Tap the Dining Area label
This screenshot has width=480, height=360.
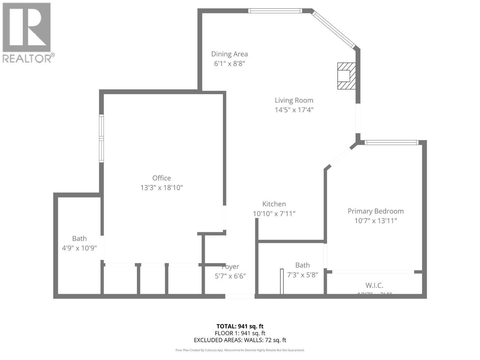(x=229, y=54)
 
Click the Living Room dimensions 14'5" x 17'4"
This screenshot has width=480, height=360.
(x=294, y=110)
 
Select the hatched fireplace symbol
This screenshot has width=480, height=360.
(x=346, y=76)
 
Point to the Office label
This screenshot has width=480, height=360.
(x=161, y=178)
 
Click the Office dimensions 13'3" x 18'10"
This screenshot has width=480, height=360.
(x=161, y=188)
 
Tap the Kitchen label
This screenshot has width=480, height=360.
(x=274, y=204)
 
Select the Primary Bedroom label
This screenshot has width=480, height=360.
(x=376, y=211)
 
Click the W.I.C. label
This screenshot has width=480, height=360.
(x=374, y=285)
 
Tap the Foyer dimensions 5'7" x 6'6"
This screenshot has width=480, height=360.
(x=230, y=276)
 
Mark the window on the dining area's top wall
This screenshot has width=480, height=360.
(x=275, y=11)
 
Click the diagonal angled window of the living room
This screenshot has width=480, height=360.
(x=333, y=29)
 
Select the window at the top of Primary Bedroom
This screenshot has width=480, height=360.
(x=391, y=142)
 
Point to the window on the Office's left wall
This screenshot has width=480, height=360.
(x=101, y=139)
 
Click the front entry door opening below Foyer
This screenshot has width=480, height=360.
(x=240, y=296)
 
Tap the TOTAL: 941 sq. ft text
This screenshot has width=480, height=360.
(x=240, y=326)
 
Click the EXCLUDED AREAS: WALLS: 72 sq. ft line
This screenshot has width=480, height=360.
(x=240, y=340)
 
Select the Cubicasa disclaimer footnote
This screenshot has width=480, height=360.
(x=240, y=350)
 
